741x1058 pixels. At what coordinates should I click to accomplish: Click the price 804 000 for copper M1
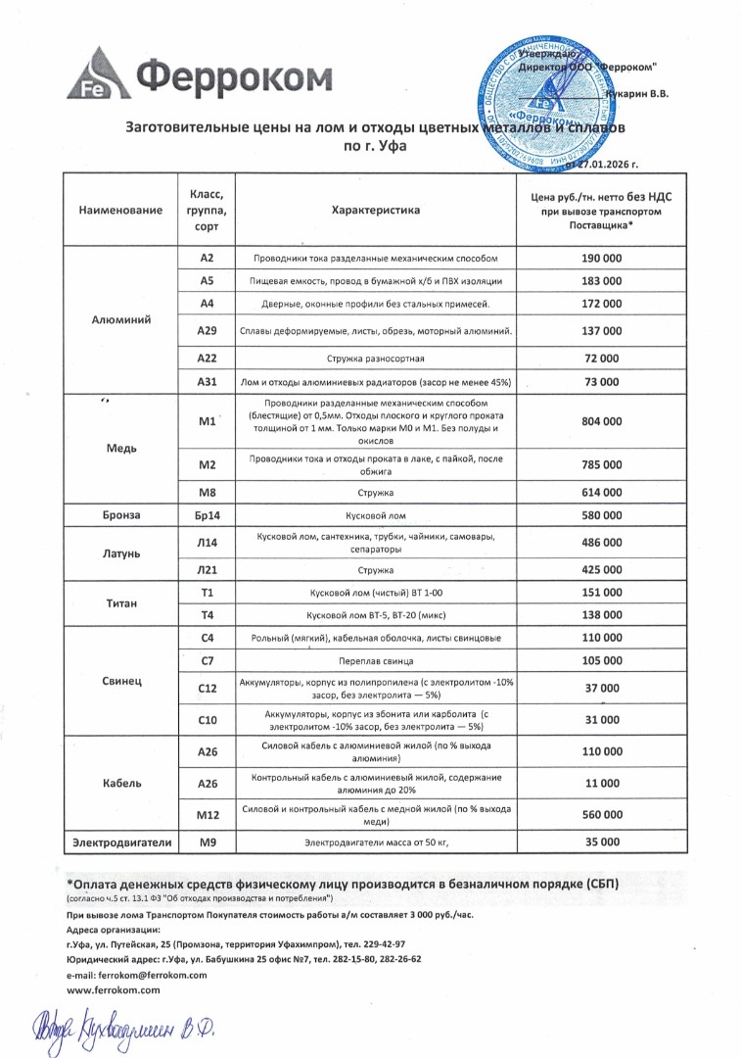coord(601,421)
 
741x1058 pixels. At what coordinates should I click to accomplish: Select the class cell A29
coord(206,332)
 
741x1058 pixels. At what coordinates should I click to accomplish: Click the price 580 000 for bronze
coord(601,515)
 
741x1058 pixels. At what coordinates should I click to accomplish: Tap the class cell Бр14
coord(206,515)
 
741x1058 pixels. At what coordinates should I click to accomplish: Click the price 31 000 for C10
coord(601,721)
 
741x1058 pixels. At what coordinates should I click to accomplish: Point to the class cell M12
coord(206,814)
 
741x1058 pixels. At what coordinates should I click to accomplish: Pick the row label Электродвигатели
coord(119,842)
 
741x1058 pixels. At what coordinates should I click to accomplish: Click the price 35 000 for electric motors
coord(601,842)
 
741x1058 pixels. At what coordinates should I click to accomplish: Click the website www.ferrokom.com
coord(113,990)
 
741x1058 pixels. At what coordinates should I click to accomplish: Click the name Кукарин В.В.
coord(637,94)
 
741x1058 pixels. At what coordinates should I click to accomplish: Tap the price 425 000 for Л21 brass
coord(601,569)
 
